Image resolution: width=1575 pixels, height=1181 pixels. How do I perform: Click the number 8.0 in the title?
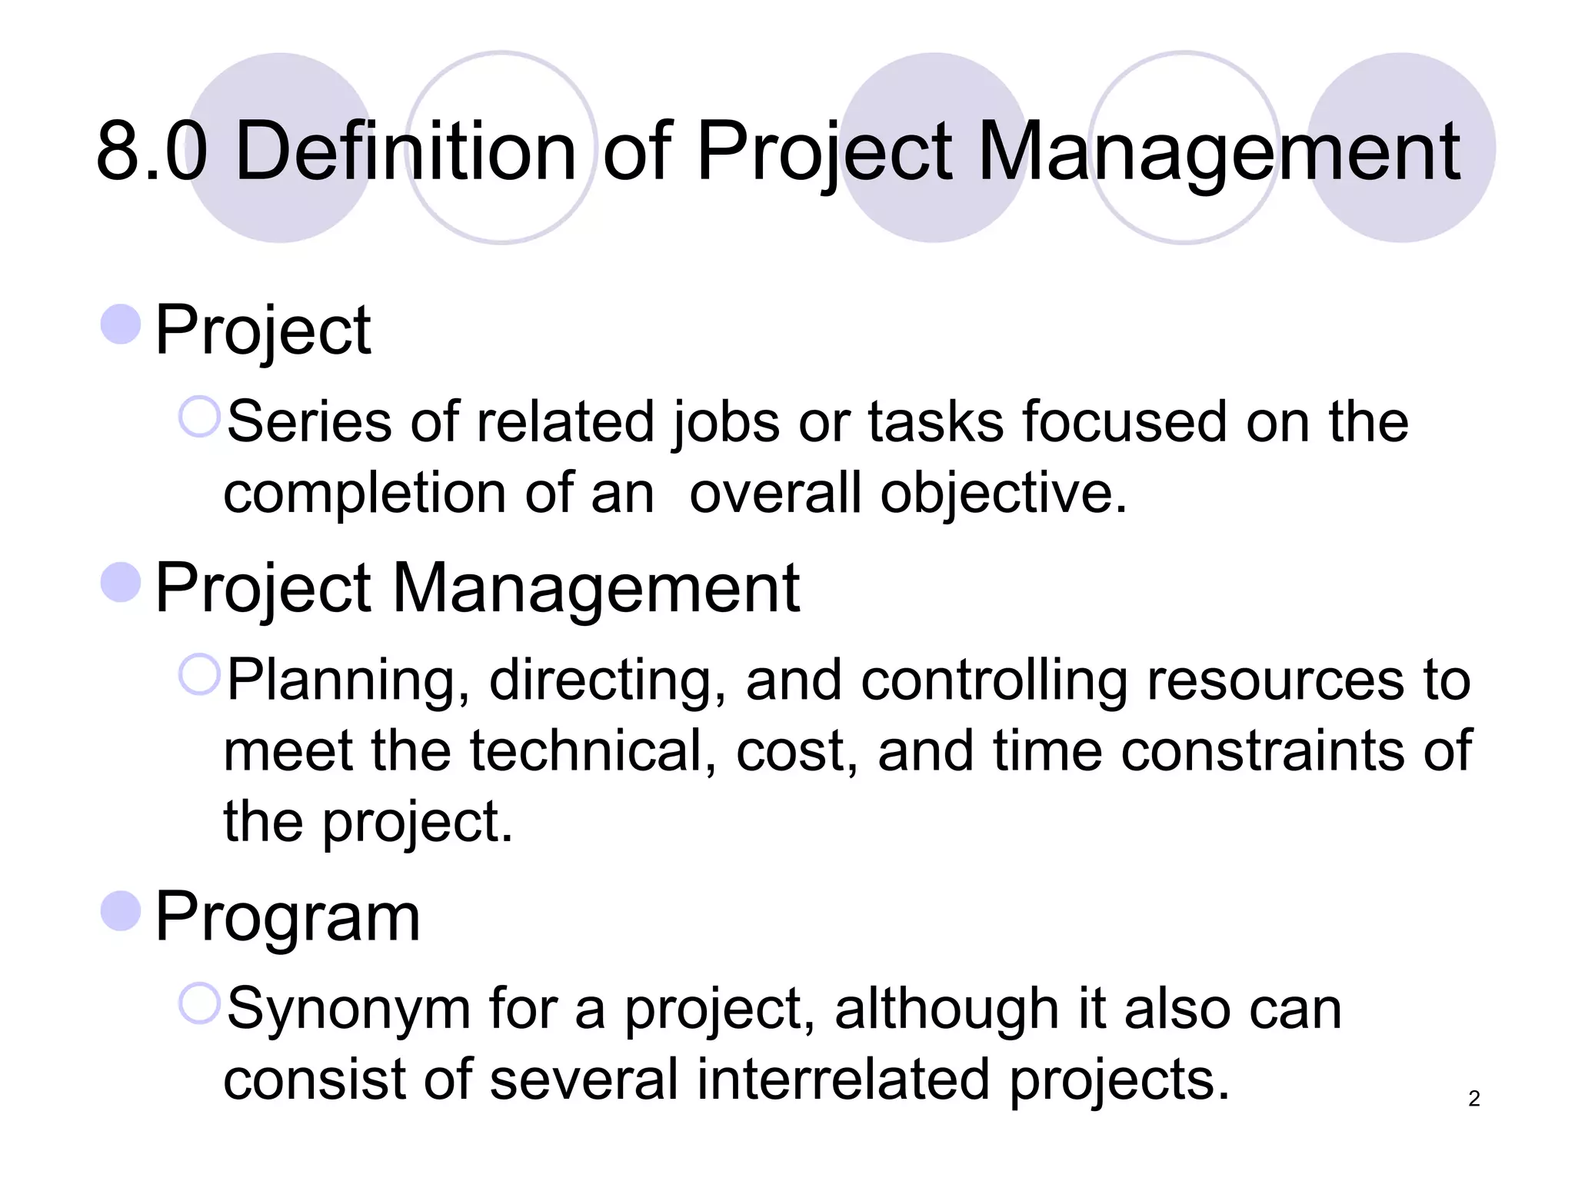tap(152, 151)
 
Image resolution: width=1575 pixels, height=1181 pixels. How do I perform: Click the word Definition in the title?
tap(405, 151)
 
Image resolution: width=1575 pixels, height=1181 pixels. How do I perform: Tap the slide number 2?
tap(1473, 1098)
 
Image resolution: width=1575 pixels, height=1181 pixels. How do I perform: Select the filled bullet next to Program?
tap(121, 910)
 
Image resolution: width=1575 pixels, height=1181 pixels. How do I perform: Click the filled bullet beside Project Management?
tap(121, 582)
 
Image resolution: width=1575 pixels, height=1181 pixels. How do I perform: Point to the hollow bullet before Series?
tap(199, 417)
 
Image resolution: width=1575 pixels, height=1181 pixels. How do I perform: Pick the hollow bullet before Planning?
tap(199, 674)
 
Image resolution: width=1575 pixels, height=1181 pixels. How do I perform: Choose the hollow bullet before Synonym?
tap(199, 1003)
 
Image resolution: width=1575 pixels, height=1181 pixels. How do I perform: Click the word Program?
tap(288, 917)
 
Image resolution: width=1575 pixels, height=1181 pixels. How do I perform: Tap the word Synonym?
tap(348, 1010)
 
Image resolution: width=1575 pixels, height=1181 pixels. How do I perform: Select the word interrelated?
tap(843, 1079)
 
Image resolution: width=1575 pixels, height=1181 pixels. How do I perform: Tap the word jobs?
tap(726, 424)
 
